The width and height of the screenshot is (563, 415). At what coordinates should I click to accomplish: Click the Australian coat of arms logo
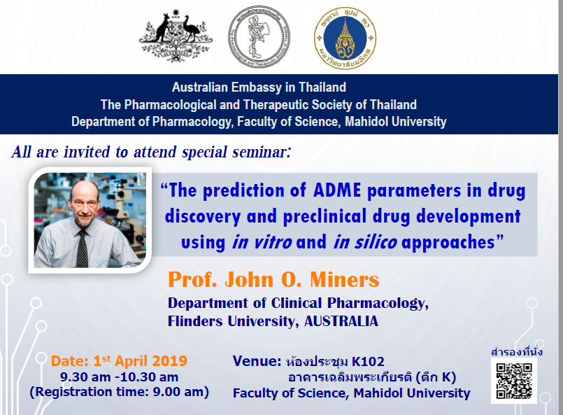[x=176, y=36]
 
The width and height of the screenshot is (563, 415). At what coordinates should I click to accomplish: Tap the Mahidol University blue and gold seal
[x=345, y=38]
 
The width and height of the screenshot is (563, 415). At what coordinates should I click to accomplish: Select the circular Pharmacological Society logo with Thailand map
[x=259, y=36]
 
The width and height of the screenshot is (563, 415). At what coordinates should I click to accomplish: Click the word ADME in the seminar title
[x=337, y=190]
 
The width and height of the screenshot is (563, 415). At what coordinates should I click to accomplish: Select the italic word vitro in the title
[x=273, y=242]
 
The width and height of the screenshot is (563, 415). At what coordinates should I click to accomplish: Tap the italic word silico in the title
[x=376, y=242]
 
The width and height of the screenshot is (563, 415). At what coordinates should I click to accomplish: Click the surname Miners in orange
[x=344, y=279]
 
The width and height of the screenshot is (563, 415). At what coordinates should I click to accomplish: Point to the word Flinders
[x=195, y=321]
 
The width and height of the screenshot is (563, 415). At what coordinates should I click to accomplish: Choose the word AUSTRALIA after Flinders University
[x=341, y=321]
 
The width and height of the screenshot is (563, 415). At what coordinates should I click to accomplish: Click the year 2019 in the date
[x=170, y=361]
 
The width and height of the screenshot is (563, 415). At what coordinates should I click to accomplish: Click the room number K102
[x=368, y=362]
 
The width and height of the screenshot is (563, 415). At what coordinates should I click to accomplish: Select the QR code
[x=514, y=381]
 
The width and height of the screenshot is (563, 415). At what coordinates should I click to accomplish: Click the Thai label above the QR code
[x=517, y=352]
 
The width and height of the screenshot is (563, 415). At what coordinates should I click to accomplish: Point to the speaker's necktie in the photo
[x=83, y=248]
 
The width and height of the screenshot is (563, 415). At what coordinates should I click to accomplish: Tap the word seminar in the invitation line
[x=261, y=152]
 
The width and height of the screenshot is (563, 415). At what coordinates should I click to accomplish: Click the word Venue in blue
[x=257, y=360]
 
